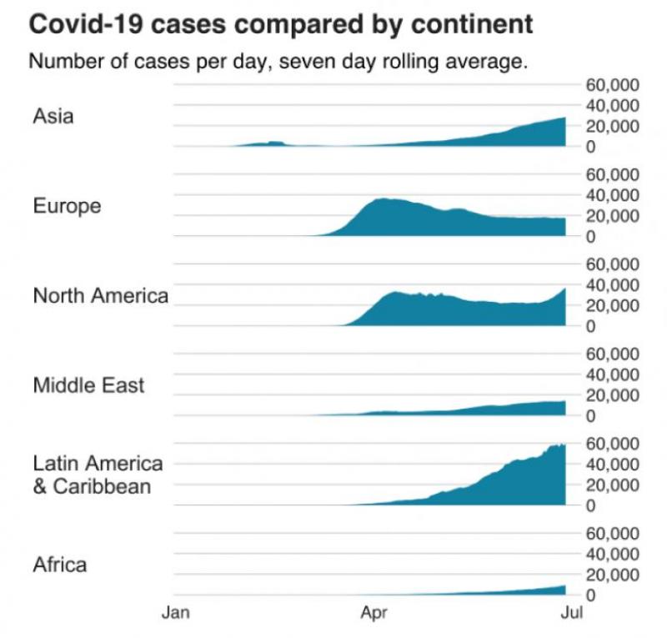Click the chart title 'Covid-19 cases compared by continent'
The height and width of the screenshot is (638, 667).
pos(281,24)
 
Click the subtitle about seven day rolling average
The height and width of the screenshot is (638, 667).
pos(278,63)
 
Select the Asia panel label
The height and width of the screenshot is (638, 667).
pos(53,116)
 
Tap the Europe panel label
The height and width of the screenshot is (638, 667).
pos(67,205)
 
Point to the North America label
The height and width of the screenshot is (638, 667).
pos(100,295)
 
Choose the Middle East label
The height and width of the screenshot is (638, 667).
pos(88,385)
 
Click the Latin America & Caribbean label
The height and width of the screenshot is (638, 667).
pos(97,474)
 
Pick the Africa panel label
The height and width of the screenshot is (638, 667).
pos(59,565)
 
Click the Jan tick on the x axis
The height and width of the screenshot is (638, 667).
pos(176,615)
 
